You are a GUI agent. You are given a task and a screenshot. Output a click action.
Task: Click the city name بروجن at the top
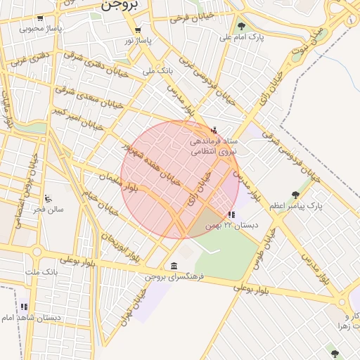[122, 5]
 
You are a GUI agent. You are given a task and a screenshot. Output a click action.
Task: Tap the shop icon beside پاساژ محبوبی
[40, 18]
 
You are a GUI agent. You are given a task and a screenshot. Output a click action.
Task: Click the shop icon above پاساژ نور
[138, 30]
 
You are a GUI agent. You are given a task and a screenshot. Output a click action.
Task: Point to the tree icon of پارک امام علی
[242, 26]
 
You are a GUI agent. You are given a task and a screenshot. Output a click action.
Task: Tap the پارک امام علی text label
[242, 37]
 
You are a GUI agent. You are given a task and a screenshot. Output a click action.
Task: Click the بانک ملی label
[157, 71]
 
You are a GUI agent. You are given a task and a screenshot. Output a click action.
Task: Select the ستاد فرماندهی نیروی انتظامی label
[214, 146]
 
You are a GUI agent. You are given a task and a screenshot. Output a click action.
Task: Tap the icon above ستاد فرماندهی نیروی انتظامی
[214, 130]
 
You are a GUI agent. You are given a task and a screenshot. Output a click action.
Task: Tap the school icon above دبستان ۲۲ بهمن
[231, 214]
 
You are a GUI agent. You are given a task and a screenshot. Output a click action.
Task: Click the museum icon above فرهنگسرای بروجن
[174, 265]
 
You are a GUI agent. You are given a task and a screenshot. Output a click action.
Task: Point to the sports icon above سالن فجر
[47, 198]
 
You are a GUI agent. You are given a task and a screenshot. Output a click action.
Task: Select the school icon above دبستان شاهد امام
[25, 307]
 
